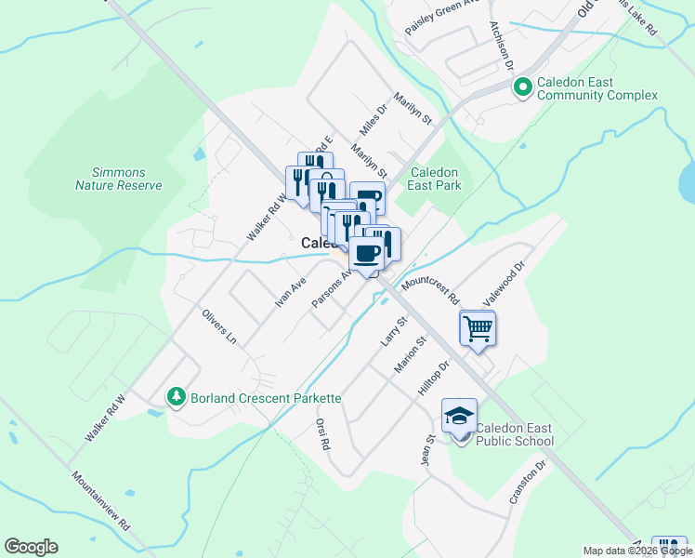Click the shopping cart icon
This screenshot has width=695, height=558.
coord(478,328)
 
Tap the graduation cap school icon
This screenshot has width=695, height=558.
coord(459,416)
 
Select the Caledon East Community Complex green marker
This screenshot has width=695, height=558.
coord(522,87)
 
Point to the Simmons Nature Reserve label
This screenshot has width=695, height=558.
coord(119,179)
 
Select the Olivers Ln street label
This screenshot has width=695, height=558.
coord(218,326)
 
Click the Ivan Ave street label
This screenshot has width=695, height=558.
coord(290,292)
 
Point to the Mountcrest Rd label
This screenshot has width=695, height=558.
coord(431,289)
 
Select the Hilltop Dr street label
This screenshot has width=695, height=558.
coord(433,380)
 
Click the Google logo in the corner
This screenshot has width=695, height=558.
coord(31,547)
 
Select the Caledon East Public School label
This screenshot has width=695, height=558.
coord(514,434)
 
